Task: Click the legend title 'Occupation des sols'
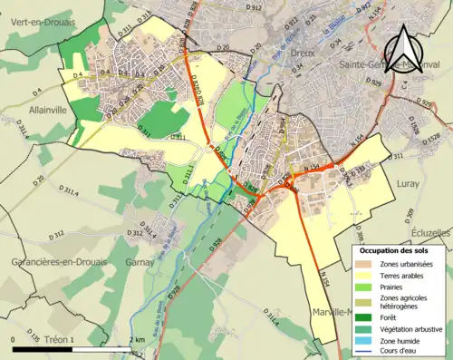coord(397,250)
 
